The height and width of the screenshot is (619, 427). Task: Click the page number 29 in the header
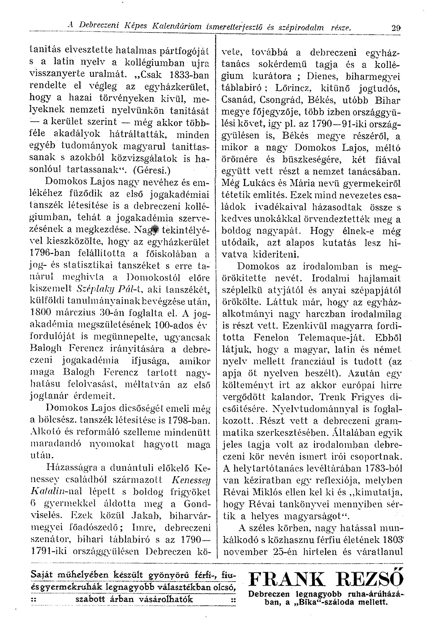pyautogui.click(x=395, y=28)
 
